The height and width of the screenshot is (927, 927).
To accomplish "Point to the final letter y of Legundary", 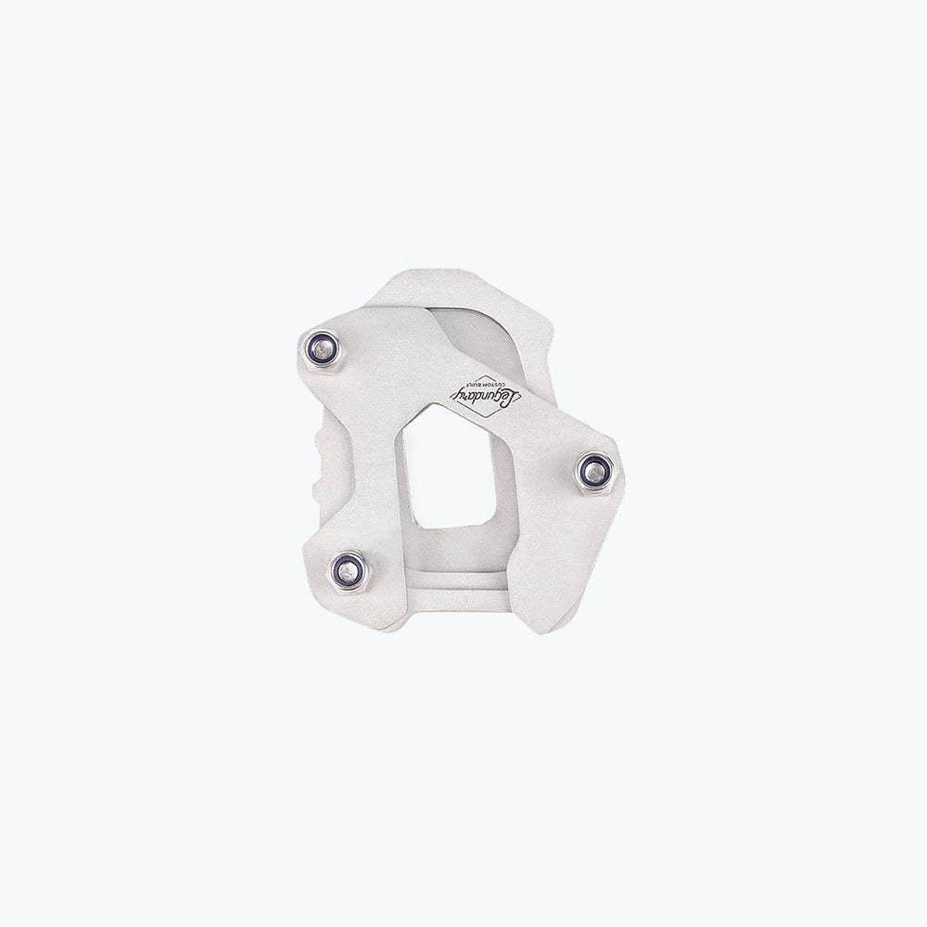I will click(457, 389).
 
